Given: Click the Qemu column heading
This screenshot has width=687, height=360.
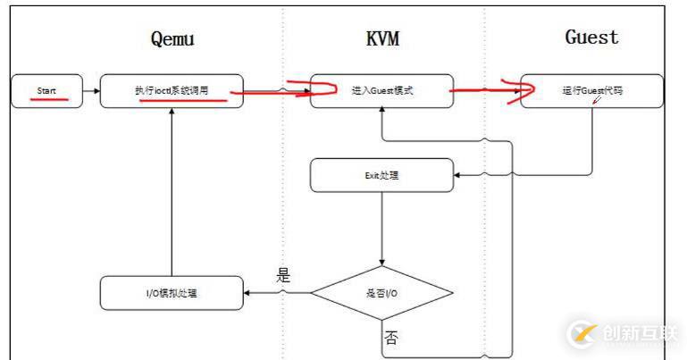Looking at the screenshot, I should pyautogui.click(x=171, y=38).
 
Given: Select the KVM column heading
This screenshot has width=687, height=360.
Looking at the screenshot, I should pyautogui.click(x=383, y=39).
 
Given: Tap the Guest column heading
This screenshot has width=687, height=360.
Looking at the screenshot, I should pyautogui.click(x=591, y=38).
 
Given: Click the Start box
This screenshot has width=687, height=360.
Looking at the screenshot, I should pyautogui.click(x=46, y=90).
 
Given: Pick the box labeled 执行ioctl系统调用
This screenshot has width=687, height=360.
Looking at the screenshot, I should pyautogui.click(x=171, y=90).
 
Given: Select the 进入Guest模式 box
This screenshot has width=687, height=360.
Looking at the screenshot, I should pyautogui.click(x=382, y=90).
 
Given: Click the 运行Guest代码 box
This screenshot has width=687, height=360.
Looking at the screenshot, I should pyautogui.click(x=591, y=90).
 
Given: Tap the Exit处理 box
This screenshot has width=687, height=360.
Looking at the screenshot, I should pyautogui.click(x=381, y=175).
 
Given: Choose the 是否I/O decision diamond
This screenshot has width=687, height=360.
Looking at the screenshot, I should pyautogui.click(x=382, y=292).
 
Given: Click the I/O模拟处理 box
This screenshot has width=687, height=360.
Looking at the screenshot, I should pyautogui.click(x=171, y=292).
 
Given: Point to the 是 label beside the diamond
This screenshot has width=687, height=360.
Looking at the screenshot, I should pyautogui.click(x=283, y=275).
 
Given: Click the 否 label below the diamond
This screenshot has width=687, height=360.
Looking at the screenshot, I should pyautogui.click(x=391, y=337).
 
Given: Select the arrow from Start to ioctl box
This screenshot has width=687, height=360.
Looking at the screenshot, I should pyautogui.click(x=90, y=90).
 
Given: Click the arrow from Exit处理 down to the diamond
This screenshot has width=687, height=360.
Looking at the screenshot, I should pyautogui.click(x=382, y=228).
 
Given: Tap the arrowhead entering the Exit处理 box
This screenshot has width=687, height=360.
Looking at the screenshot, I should pyautogui.click(x=459, y=175).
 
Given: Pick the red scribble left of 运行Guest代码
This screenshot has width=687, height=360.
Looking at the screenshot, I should pyautogui.click(x=516, y=88).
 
